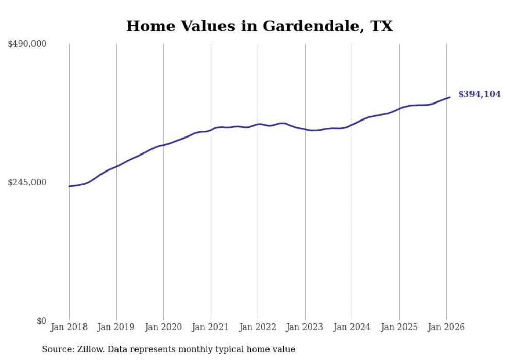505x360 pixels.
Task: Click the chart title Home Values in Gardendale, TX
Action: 259,26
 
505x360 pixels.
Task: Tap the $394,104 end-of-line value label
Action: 479,94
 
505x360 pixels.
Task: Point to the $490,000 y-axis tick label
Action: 27,44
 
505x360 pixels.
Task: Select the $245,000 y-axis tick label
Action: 27,182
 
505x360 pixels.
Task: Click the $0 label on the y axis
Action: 41,321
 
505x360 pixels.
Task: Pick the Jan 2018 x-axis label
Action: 69,327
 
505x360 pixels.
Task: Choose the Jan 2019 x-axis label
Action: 116,327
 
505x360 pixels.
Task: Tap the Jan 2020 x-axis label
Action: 163,327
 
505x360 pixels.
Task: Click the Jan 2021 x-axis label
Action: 210,327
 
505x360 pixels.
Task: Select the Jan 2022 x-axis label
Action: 258,327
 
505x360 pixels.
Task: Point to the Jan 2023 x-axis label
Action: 305,327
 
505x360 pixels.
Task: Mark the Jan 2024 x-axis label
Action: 352,327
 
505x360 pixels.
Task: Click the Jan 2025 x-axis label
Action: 399,327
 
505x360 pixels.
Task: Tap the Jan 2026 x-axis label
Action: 446,327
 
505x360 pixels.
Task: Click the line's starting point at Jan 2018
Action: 69,186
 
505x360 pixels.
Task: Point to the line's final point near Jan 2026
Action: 450,97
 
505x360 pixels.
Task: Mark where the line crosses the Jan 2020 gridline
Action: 163,145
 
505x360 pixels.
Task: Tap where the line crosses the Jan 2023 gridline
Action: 305,129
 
